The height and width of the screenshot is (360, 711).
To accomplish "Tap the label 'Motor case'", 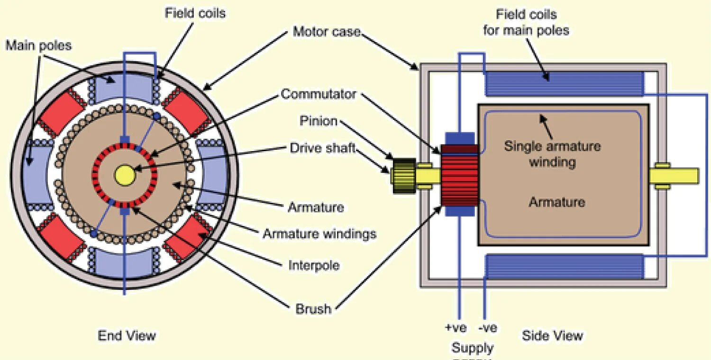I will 327,32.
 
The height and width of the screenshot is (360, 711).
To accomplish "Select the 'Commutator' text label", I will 318,94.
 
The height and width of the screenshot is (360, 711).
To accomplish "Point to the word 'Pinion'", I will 319,121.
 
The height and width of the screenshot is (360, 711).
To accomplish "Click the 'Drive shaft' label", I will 322,148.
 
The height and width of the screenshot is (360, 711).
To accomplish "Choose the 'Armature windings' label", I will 319,234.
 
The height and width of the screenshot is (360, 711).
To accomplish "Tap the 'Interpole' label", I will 314,265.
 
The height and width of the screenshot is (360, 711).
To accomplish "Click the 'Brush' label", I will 313,309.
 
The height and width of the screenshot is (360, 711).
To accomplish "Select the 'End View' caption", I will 127,336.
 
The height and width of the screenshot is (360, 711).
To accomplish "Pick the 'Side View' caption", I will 552,336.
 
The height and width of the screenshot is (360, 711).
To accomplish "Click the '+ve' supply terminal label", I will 456,328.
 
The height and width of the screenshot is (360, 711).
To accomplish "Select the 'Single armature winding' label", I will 552,154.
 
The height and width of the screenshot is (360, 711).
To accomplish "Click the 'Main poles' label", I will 38,45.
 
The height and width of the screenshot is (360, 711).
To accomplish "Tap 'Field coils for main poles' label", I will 526,22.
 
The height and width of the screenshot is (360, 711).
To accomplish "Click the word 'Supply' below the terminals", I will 472,348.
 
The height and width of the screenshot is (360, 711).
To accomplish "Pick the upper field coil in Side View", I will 564,84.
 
